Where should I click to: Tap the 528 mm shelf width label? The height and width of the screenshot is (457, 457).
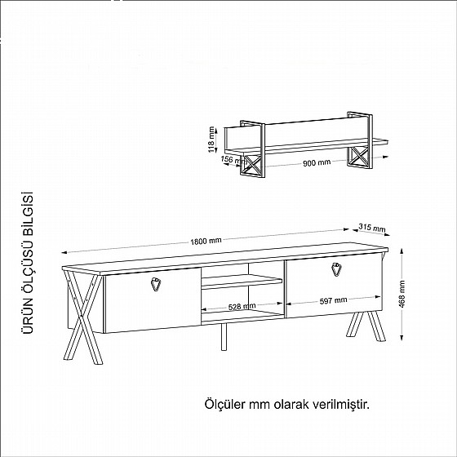(242, 307)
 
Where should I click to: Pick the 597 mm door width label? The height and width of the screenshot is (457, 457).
(335, 301)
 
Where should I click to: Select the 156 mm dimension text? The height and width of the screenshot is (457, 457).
(228, 160)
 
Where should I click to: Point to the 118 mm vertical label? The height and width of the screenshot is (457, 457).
(212, 139)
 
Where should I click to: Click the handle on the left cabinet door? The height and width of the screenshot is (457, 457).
(156, 284)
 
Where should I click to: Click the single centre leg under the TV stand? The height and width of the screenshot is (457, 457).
(222, 337)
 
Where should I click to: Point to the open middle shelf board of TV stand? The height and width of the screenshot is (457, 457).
(242, 282)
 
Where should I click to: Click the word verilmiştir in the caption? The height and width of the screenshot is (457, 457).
(346, 404)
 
